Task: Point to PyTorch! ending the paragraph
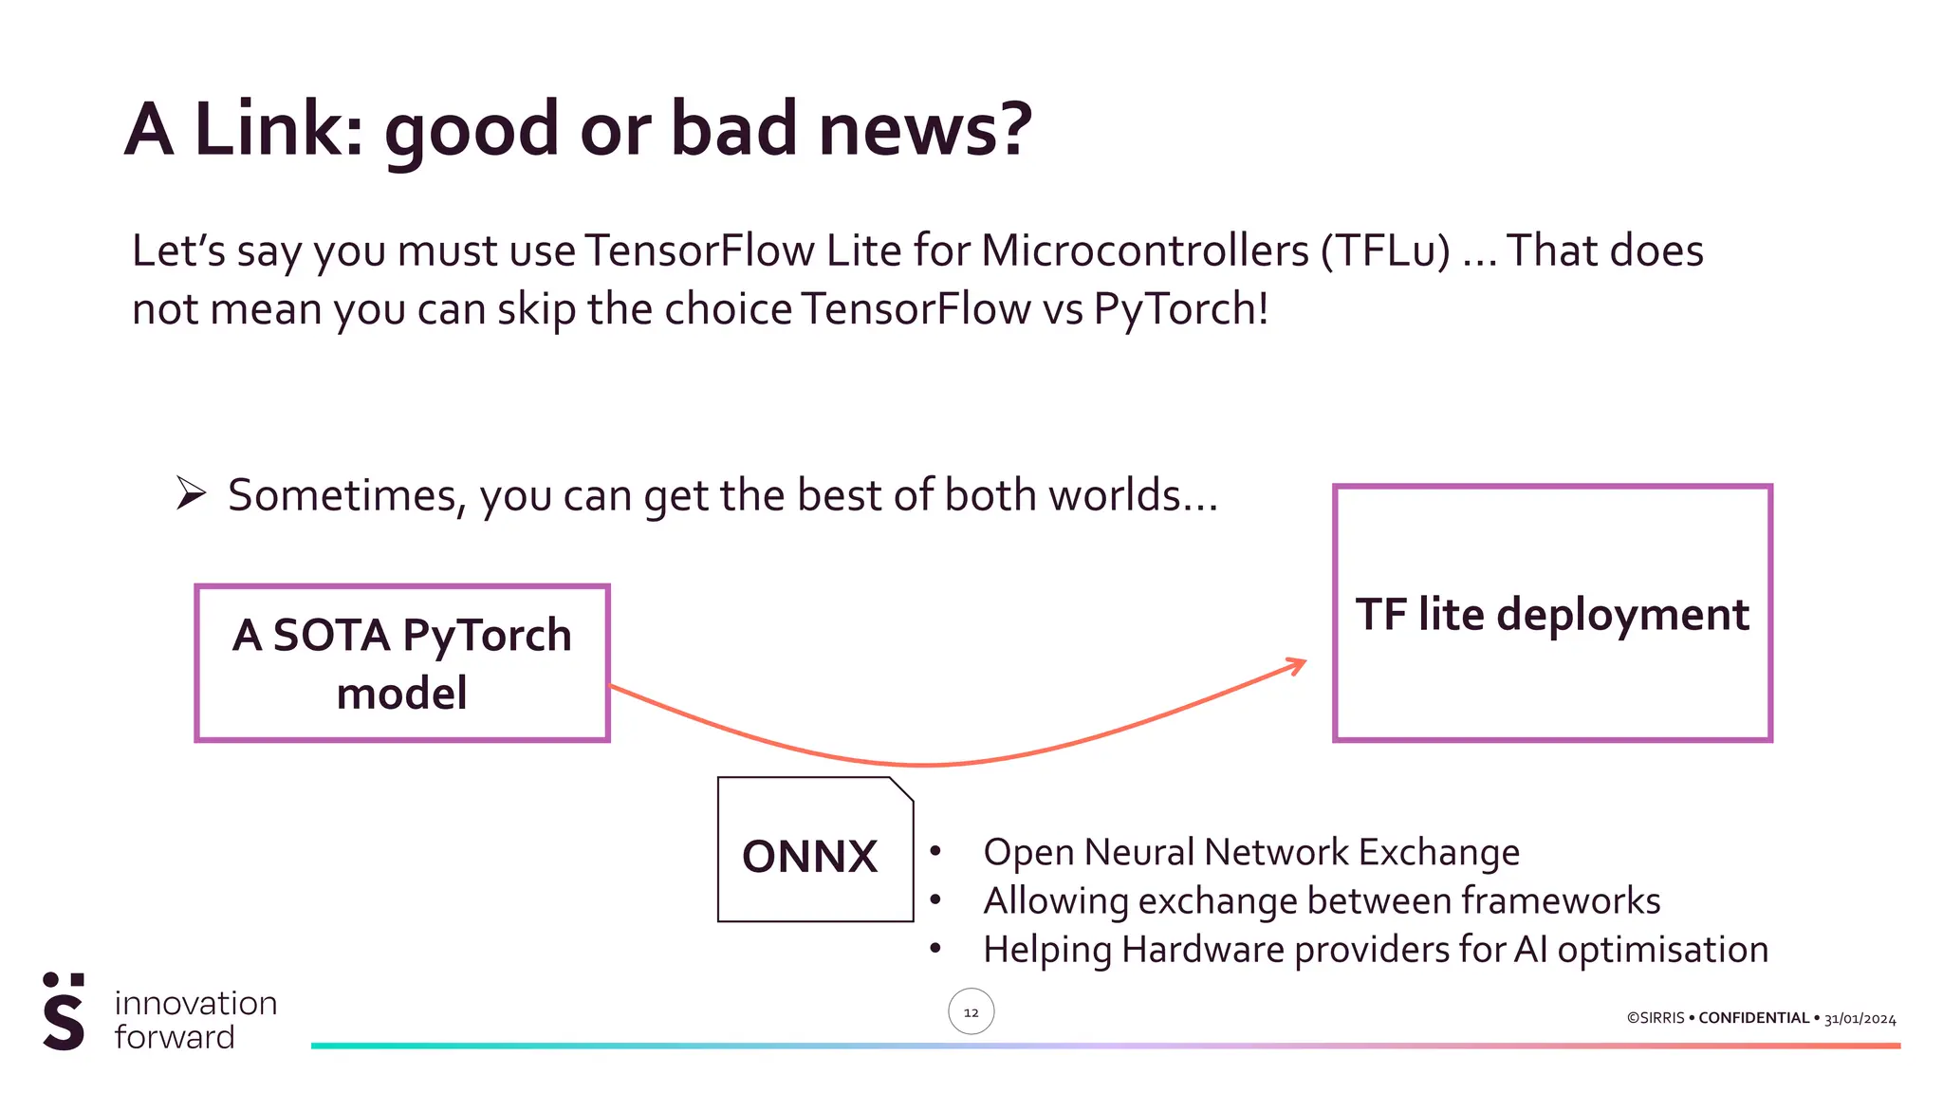pos(1181,309)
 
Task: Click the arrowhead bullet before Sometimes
pos(191,493)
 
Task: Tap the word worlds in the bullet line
pos(1115,495)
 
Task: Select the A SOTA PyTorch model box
pos(401,663)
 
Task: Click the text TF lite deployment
pos(1551,614)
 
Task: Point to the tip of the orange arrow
pos(1305,662)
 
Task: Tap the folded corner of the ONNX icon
pos(902,788)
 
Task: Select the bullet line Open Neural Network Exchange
pos(1250,852)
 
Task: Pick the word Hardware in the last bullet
pos(1202,950)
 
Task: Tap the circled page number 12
pos(971,1012)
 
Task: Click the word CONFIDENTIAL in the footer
pos(1753,1018)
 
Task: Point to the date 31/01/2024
pos(1860,1019)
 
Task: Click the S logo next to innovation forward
pos(64,1011)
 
